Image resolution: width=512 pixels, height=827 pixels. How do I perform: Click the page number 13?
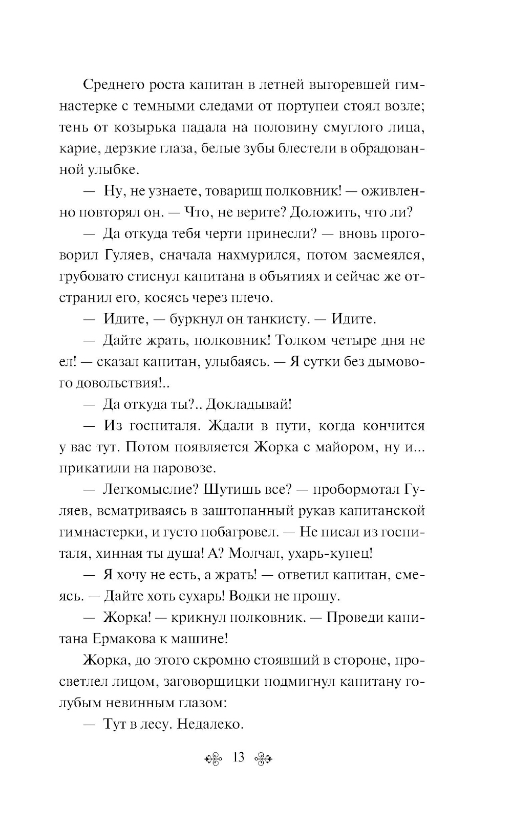point(238,757)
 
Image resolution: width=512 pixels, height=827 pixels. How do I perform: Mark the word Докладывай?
point(249,404)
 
